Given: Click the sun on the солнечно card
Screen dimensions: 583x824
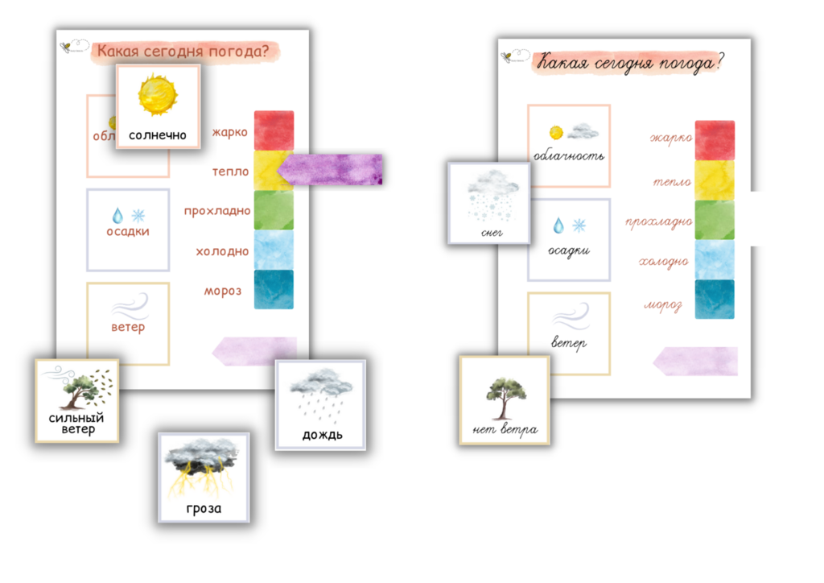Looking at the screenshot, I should pyautogui.click(x=157, y=94).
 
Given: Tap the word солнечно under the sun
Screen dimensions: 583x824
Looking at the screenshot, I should pyautogui.click(x=157, y=135).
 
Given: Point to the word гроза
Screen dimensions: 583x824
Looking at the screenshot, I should pyautogui.click(x=204, y=508).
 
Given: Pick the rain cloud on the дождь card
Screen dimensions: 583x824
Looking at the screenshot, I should pyautogui.click(x=321, y=385).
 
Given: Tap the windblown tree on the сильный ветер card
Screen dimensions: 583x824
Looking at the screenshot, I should pyautogui.click(x=78, y=388).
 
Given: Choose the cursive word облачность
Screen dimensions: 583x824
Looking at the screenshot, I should pyautogui.click(x=569, y=155).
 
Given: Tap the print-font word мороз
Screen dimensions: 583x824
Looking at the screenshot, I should pyautogui.click(x=223, y=291).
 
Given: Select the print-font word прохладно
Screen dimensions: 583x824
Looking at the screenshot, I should pyautogui.click(x=216, y=211).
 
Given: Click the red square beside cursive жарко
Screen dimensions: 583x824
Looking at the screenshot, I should pyautogui.click(x=715, y=139).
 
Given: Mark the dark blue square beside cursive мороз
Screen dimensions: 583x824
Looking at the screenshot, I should pyautogui.click(x=715, y=299).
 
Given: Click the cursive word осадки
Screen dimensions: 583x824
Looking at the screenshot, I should pyautogui.click(x=569, y=250).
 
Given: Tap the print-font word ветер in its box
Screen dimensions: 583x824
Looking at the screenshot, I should pyautogui.click(x=129, y=328).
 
